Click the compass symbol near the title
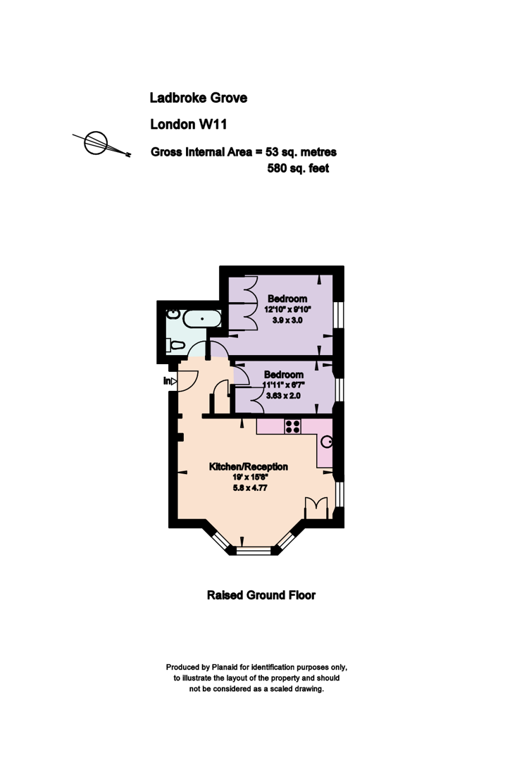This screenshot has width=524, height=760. pos(96,144)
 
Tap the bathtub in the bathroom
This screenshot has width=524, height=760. pos(202,319)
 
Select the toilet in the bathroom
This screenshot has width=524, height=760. pos(175,345)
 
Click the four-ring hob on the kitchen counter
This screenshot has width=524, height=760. pos(292,427)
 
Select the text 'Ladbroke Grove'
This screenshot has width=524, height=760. pos(198,98)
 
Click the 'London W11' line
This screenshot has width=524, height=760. pos(189,125)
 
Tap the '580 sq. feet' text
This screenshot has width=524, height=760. pos(298,168)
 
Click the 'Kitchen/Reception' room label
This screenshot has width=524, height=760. pos(248,467)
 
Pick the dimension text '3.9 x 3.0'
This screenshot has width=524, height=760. pos(287,320)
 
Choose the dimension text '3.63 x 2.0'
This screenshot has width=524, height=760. pos(284,396)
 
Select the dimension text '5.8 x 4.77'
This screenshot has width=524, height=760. pos(250,487)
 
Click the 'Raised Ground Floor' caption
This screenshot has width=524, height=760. pos(261,595)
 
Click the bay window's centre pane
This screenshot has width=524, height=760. pos(254,551)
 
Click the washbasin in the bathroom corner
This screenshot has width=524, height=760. pos(173,314)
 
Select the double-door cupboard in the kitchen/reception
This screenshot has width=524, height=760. pos(316,508)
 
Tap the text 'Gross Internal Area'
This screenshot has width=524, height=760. pos(201,152)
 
